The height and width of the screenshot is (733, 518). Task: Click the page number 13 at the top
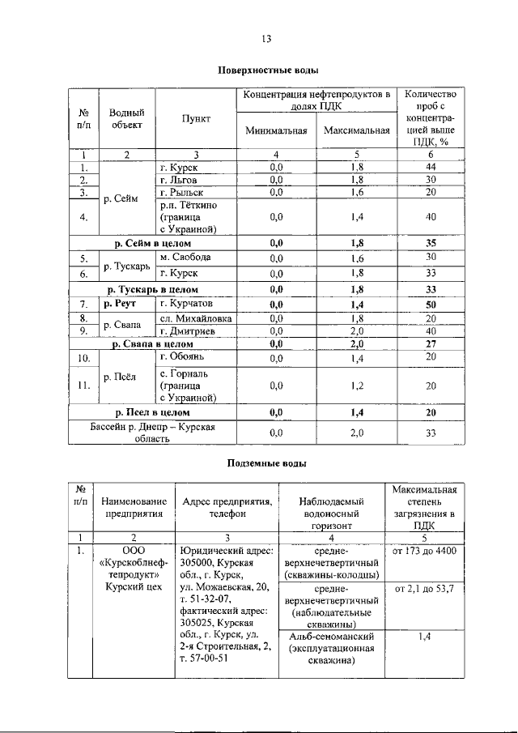point(265,38)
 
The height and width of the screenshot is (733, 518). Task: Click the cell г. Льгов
point(180,179)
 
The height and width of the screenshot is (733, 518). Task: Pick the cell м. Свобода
point(185,258)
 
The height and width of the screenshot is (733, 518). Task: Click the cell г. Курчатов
point(187,304)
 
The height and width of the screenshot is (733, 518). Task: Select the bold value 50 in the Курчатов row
point(431,304)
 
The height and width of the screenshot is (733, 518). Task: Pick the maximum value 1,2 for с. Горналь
point(356,386)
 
